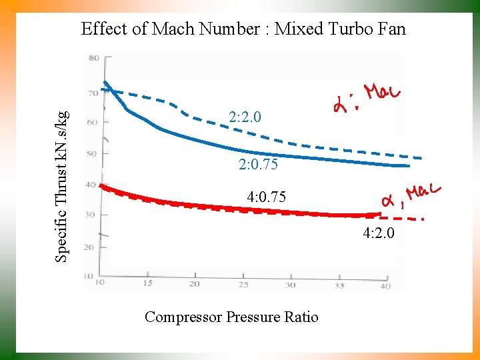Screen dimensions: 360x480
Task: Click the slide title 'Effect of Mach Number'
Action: (243, 29)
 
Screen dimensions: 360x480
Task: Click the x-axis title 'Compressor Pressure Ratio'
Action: (231, 317)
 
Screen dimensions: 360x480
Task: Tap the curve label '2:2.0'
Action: (245, 117)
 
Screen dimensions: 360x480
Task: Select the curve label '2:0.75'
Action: (258, 164)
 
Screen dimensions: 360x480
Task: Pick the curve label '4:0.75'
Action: (266, 197)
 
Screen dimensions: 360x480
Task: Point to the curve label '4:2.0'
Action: (379, 233)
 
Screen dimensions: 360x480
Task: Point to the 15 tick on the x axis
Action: (147, 283)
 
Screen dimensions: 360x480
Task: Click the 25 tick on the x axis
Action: (243, 285)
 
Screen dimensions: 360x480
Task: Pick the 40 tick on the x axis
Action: (385, 286)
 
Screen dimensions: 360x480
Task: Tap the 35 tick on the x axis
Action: (339, 285)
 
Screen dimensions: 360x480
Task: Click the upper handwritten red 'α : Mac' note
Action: (365, 98)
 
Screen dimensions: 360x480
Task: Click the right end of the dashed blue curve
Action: (421, 157)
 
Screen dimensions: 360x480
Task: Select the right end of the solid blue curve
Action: (409, 165)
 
